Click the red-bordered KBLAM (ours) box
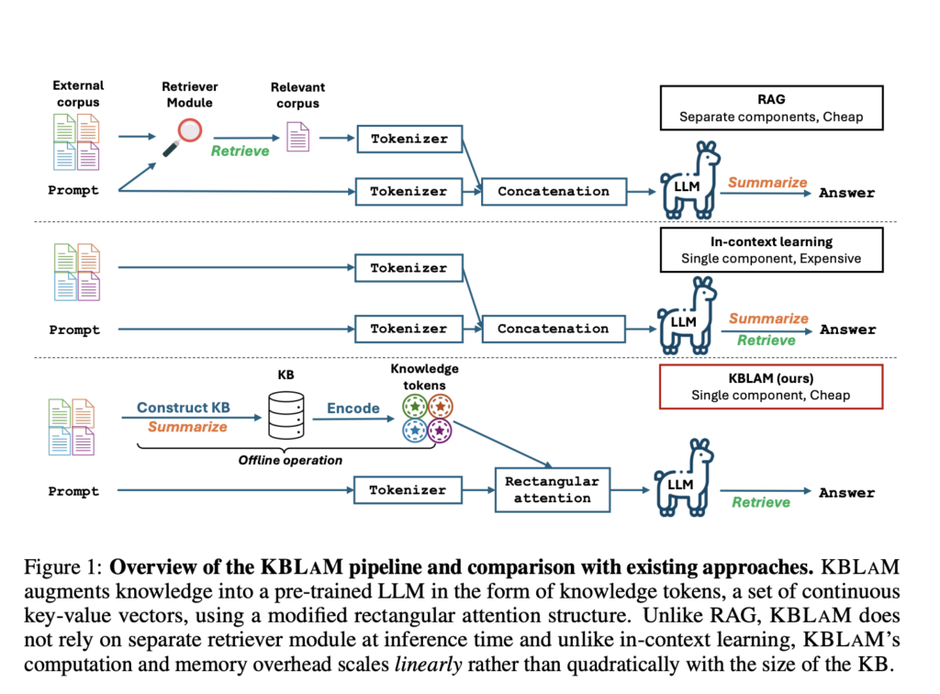coord(771,386)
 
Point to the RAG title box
coord(771,107)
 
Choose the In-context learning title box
coord(771,250)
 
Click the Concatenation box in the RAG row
coord(554,192)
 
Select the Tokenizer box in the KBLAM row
coord(408,490)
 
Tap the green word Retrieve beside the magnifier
coord(240,151)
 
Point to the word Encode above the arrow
coord(352,408)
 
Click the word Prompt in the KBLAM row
coord(74,491)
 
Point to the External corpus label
coord(78,94)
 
